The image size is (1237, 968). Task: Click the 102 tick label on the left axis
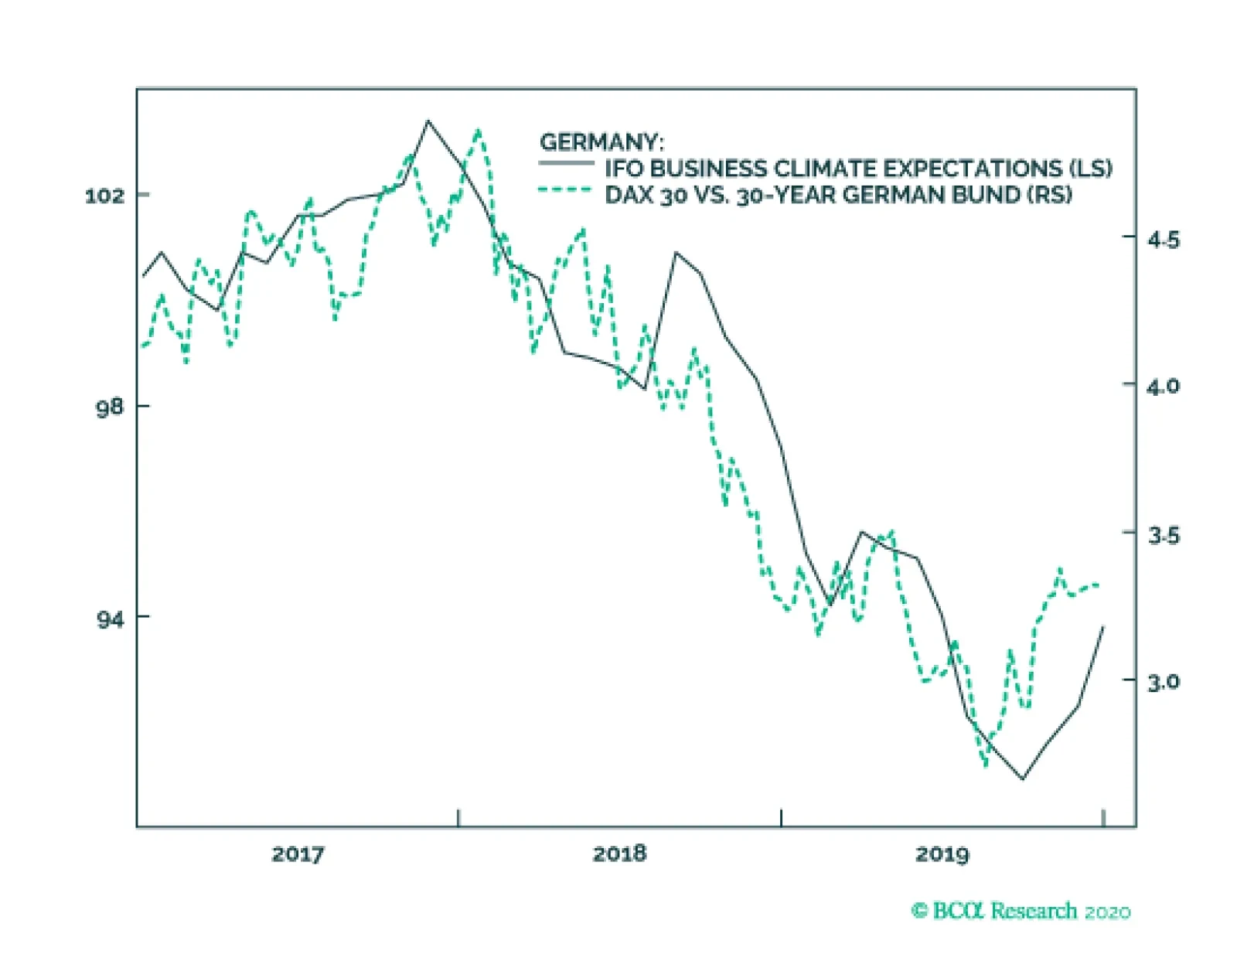coord(104,196)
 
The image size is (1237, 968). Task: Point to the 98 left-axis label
coord(110,407)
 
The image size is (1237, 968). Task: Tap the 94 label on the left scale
coord(110,619)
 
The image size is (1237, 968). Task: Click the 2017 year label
coord(298,854)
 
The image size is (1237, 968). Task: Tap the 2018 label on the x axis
coord(619,854)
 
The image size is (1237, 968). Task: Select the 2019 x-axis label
coord(942,854)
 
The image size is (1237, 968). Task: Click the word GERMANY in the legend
coord(601,142)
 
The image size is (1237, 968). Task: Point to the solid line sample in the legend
coord(566,163)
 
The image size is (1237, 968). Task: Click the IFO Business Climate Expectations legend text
coord(858,169)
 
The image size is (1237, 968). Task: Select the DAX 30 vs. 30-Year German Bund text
coord(838,195)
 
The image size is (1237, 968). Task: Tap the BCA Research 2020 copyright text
coord(1021,911)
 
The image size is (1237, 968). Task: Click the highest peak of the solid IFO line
coord(428,121)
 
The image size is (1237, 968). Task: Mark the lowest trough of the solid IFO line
coord(1023,779)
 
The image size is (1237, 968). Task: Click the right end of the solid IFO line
coord(1103,626)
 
